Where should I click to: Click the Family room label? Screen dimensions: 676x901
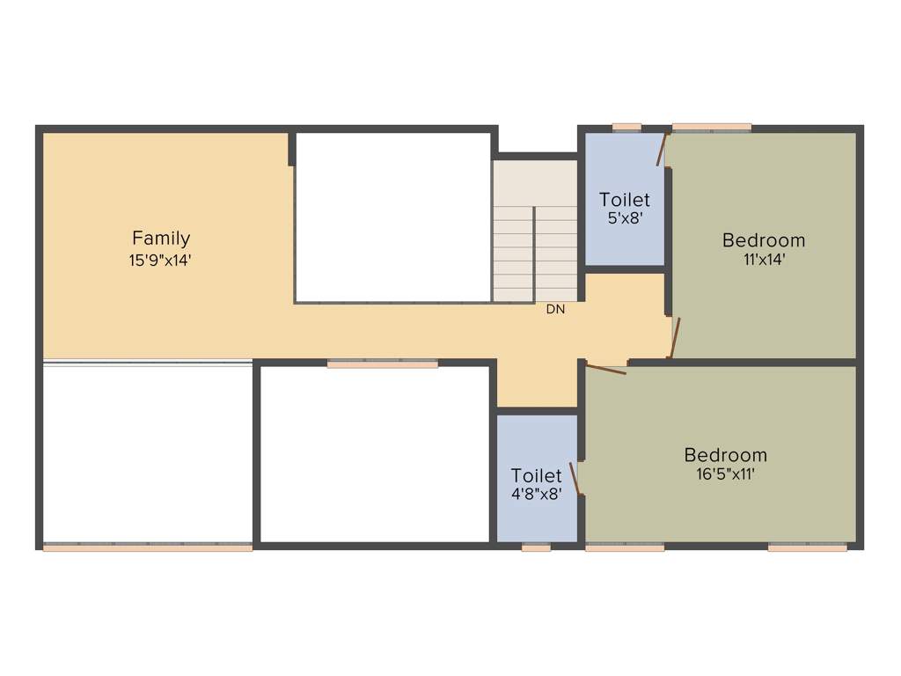[x=161, y=238]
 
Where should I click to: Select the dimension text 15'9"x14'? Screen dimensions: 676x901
[x=161, y=260]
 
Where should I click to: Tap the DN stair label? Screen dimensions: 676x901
[x=555, y=309]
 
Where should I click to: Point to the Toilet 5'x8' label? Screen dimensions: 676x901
[x=625, y=200]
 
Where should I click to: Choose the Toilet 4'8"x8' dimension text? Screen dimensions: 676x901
[x=537, y=495]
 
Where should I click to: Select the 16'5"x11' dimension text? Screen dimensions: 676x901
[x=726, y=474]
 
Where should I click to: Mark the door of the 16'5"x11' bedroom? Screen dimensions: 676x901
[x=606, y=369]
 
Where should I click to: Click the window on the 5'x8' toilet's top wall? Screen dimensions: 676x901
[x=626, y=128]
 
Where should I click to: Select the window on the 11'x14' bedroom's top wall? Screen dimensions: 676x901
[x=712, y=128]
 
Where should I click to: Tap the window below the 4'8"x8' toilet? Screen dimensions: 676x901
[x=536, y=547]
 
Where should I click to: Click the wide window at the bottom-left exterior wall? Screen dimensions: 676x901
[x=148, y=547]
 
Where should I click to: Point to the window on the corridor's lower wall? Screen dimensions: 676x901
[x=383, y=364]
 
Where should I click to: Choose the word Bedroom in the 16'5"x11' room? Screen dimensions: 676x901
[x=726, y=455]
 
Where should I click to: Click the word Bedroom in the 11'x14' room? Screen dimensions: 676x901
[x=764, y=239]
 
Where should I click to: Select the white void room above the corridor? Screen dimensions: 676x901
[x=392, y=217]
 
